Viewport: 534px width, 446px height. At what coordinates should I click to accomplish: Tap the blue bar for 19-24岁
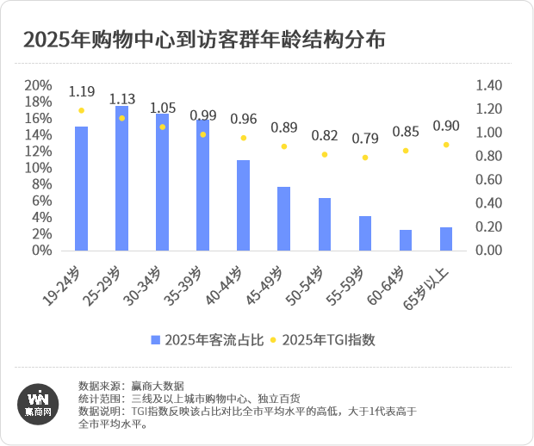(x=81, y=189)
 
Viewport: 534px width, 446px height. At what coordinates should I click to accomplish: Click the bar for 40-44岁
(x=243, y=205)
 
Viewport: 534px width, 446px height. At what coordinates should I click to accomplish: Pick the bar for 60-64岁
(x=406, y=240)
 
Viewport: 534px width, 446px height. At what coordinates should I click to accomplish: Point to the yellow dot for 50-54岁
(x=324, y=155)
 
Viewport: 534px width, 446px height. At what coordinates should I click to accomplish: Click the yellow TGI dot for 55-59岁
(x=365, y=158)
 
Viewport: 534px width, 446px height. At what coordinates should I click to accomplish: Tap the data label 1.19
(x=81, y=91)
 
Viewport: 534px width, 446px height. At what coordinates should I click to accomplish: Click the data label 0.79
(x=365, y=138)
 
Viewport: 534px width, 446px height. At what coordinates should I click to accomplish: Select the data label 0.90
(x=446, y=126)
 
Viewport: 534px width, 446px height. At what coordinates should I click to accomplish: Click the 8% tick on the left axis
(x=42, y=184)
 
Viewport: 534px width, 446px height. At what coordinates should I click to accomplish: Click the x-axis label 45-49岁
(x=281, y=285)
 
